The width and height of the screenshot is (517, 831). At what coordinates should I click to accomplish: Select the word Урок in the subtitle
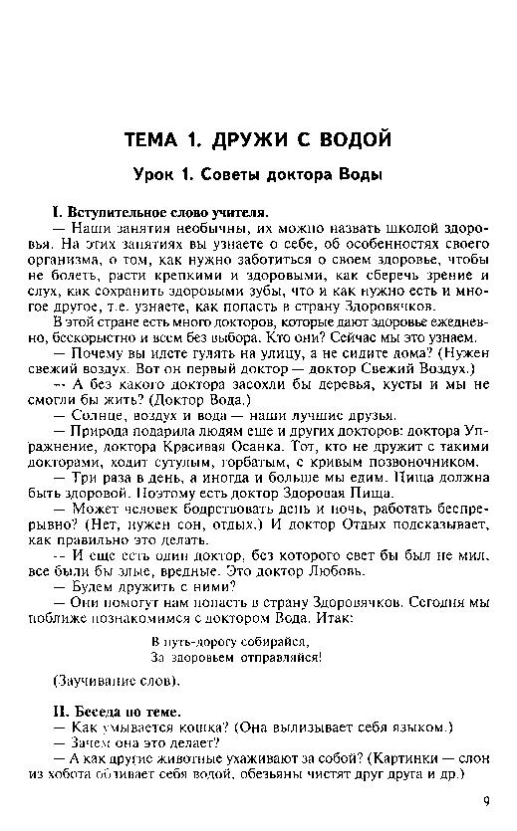[158, 175]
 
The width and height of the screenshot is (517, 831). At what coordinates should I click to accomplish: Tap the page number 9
[486, 799]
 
